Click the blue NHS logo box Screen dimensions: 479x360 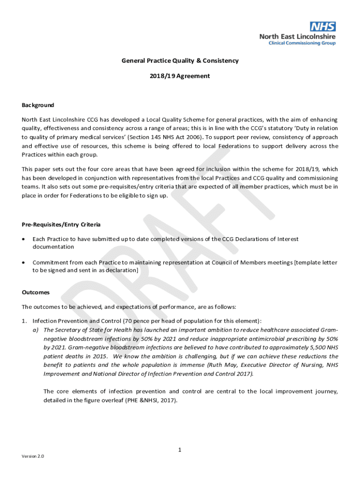point(323,27)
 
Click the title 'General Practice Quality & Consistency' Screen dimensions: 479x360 point(180,60)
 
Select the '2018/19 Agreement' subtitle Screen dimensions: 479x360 point(180,76)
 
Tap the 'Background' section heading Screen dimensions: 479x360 point(38,105)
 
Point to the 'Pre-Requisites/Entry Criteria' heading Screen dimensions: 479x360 point(61,225)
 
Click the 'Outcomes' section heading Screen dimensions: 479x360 point(36,292)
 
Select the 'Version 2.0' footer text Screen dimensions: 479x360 point(33,456)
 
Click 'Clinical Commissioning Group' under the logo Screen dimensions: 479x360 point(302,43)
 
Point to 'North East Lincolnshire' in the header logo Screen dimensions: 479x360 point(298,36)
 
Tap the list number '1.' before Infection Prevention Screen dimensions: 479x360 point(25,321)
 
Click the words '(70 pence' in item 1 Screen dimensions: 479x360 point(137,321)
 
